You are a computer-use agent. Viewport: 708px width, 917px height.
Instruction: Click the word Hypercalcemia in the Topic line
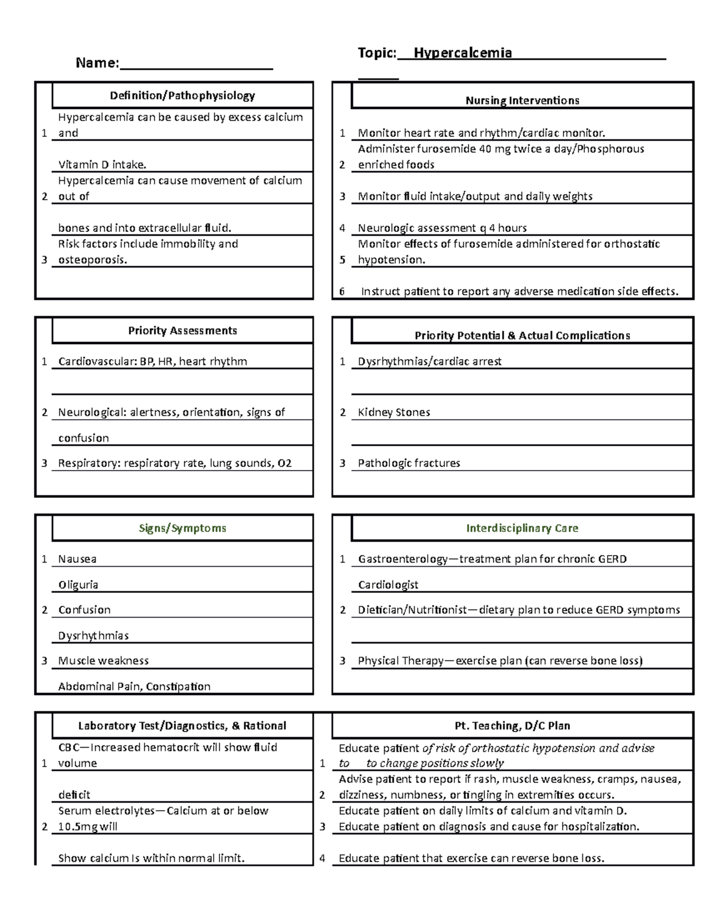click(x=463, y=53)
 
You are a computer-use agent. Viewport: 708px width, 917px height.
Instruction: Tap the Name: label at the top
click(x=97, y=63)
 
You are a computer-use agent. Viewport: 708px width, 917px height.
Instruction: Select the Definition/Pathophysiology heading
click(x=182, y=96)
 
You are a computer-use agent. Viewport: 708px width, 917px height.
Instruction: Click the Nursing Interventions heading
click(x=522, y=100)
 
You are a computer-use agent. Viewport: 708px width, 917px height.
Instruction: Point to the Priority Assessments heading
click(x=182, y=331)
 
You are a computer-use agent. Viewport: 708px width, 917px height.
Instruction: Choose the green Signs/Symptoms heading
click(x=182, y=528)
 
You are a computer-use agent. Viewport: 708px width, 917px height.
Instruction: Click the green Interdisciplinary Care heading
click(x=522, y=528)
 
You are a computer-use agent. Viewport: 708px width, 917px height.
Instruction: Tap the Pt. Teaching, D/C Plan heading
click(x=512, y=726)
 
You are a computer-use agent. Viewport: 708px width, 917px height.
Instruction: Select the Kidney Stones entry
click(x=394, y=412)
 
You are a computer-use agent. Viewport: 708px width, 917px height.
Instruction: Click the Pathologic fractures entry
click(x=409, y=463)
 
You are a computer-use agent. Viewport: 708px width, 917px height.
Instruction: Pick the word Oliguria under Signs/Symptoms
click(x=78, y=585)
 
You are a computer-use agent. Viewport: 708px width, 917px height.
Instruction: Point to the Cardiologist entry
click(x=388, y=585)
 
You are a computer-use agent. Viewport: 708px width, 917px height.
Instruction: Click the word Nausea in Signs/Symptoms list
click(x=77, y=559)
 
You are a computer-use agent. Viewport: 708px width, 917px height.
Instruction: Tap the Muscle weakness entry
click(x=103, y=660)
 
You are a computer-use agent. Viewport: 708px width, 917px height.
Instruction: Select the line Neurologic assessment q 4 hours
click(x=442, y=228)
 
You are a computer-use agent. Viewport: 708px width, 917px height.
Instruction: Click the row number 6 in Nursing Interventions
click(x=342, y=291)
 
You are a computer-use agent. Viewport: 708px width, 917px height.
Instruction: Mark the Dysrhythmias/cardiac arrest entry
click(x=430, y=361)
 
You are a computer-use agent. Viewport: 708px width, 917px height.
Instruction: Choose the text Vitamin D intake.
click(x=102, y=165)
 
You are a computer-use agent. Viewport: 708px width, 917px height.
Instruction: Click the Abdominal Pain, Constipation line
click(x=134, y=686)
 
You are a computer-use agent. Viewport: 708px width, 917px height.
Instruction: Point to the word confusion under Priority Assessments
click(x=83, y=438)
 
